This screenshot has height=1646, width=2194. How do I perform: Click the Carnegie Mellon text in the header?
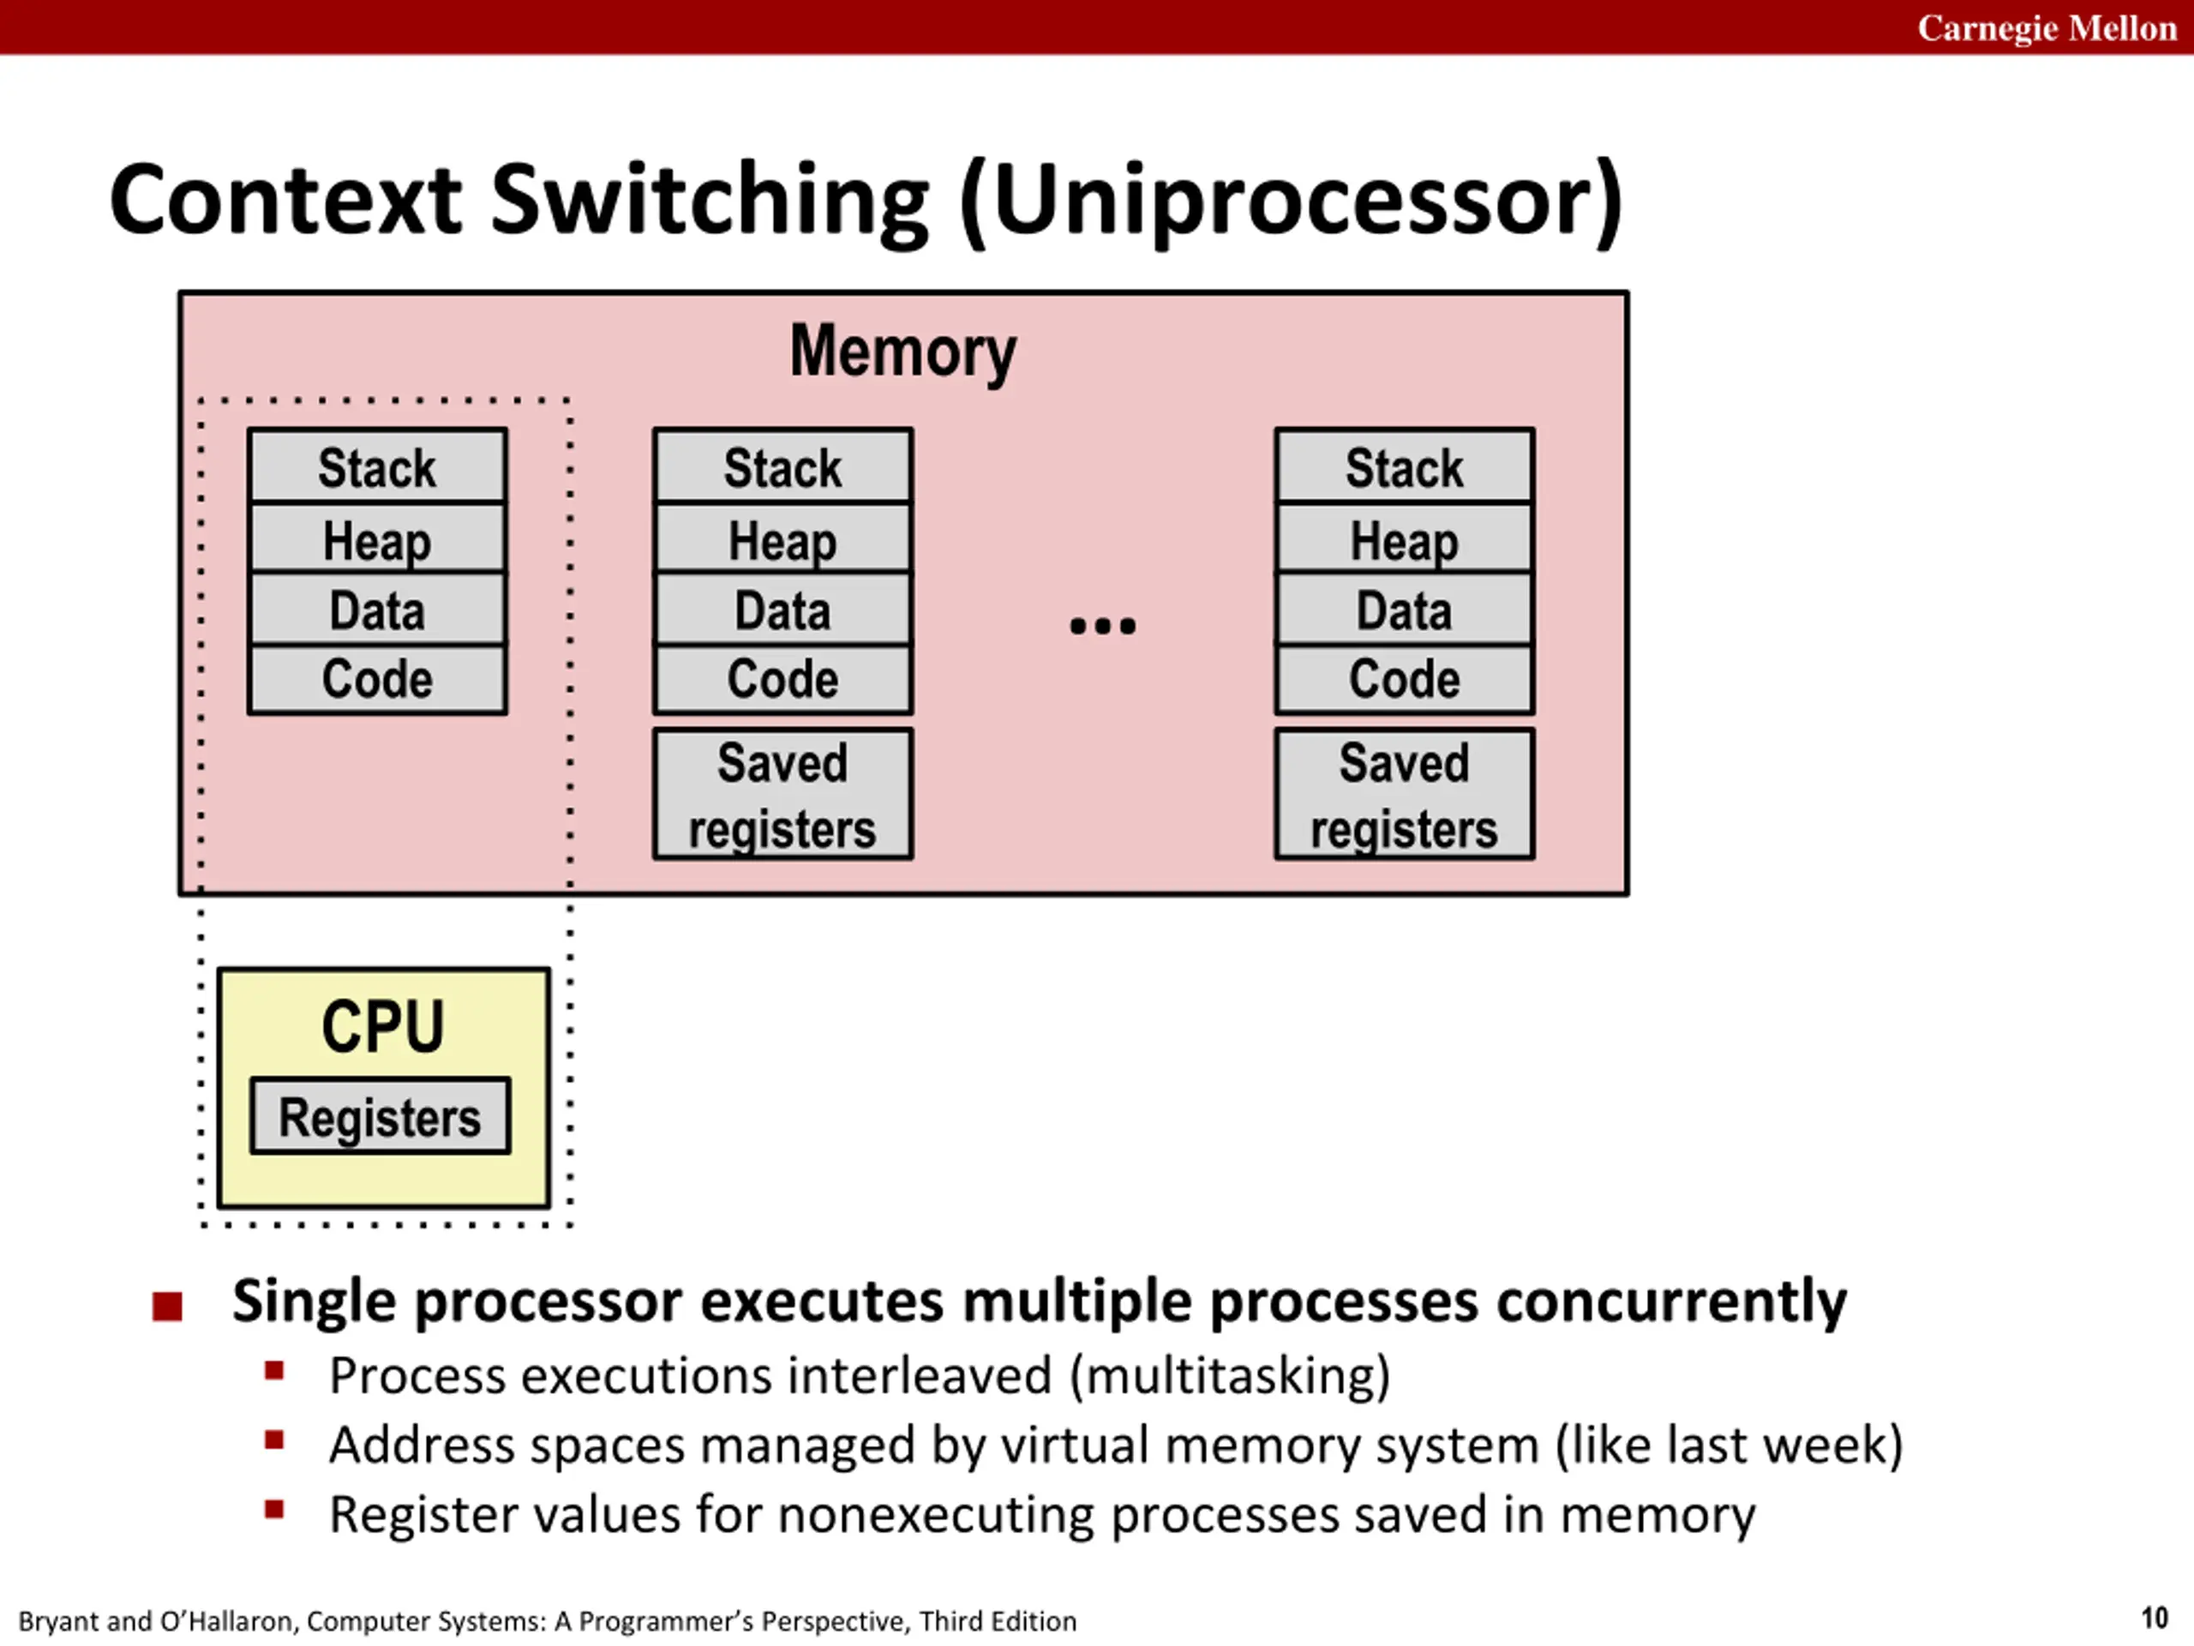[x=2047, y=27]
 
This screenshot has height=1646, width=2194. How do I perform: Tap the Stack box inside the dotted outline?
[x=377, y=466]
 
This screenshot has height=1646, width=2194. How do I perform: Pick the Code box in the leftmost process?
[x=377, y=680]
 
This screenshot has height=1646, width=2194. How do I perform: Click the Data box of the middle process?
[x=782, y=610]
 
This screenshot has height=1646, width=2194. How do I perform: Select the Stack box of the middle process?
[x=782, y=466]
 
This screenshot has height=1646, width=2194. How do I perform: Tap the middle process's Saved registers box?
[x=782, y=795]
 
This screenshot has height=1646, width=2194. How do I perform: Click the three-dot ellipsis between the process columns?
[x=1103, y=626]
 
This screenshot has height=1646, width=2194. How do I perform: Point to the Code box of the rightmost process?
[x=1405, y=680]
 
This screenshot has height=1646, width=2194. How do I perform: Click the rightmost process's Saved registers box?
[x=1405, y=795]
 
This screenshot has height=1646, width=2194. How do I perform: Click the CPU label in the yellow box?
[x=383, y=1026]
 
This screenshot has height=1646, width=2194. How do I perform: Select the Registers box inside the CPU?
[x=381, y=1116]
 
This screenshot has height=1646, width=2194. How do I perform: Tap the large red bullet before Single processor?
[x=168, y=1307]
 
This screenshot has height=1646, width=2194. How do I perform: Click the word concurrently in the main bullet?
[x=1671, y=1301]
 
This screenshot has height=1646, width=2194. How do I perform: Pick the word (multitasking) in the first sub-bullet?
[x=1230, y=1376]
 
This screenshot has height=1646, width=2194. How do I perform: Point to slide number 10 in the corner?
[x=2155, y=1619]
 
